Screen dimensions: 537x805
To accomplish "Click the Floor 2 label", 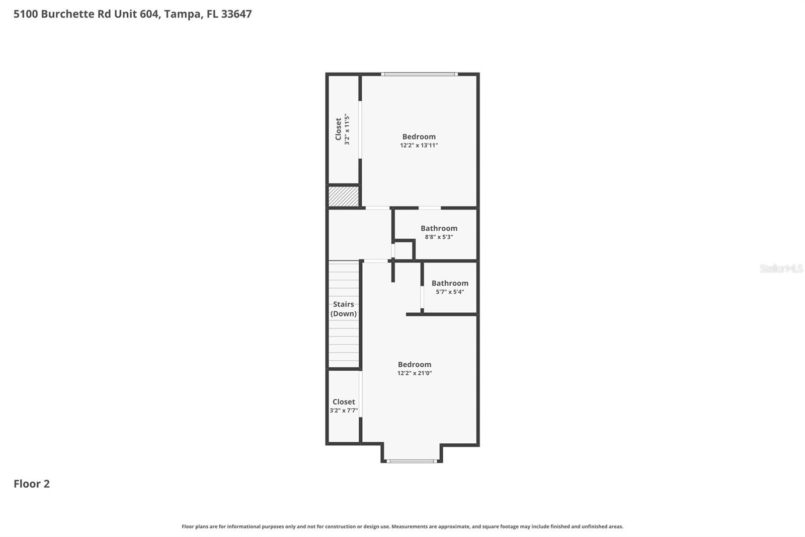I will click(32, 484).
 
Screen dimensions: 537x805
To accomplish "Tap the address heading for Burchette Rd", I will click(132, 14).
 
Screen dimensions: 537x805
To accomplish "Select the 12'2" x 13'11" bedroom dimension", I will click(419, 146).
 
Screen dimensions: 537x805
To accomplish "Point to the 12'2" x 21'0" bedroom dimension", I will click(415, 373).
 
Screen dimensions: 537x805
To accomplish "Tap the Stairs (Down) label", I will click(344, 309).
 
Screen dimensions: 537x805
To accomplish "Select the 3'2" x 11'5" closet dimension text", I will click(347, 129).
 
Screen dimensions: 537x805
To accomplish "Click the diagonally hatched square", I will click(344, 196).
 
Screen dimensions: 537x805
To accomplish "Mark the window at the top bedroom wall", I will click(419, 75).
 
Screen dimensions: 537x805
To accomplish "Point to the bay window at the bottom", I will click(412, 461).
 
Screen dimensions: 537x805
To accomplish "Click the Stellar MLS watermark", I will click(781, 268).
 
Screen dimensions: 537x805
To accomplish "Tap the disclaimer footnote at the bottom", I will click(402, 526).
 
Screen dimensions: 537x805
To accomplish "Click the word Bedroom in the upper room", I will click(419, 137).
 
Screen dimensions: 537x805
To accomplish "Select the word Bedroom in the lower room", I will click(415, 364).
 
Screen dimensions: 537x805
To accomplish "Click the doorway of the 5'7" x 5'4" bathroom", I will click(422, 297).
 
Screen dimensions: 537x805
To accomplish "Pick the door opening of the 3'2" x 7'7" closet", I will click(361, 394).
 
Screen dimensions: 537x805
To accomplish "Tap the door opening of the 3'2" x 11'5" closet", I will click(360, 130).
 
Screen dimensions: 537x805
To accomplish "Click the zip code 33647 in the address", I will click(236, 14).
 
